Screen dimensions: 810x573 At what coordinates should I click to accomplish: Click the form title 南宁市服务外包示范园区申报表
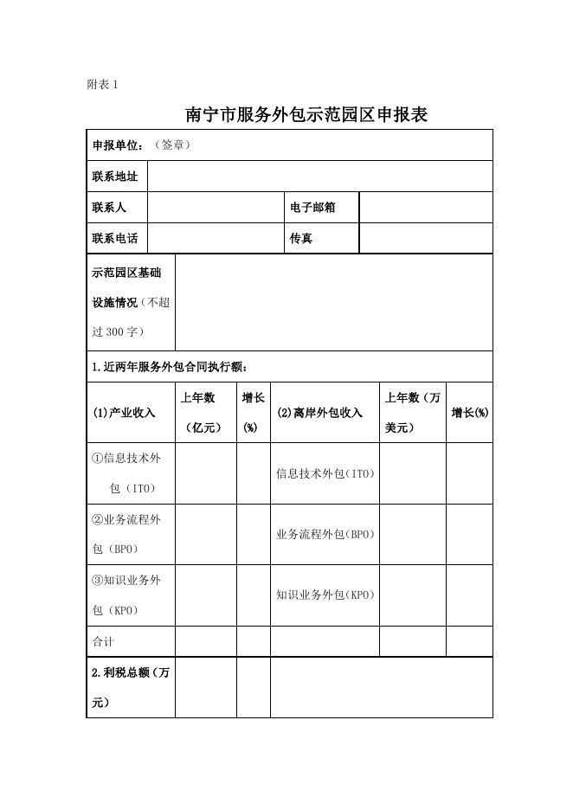point(307,114)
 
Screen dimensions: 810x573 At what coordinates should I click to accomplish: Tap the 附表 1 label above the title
point(102,84)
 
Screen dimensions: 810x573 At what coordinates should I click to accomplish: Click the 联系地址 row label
point(115,177)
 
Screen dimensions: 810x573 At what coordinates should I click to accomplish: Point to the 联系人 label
point(109,208)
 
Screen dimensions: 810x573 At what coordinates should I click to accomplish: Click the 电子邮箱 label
point(312,208)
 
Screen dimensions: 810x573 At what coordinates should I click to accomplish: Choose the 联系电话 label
point(115,238)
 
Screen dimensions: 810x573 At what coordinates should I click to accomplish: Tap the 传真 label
point(301,238)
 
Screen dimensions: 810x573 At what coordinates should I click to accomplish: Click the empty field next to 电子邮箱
point(425,208)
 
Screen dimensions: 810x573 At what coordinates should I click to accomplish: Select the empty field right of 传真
point(425,238)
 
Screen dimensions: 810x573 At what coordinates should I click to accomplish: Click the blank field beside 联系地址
point(319,177)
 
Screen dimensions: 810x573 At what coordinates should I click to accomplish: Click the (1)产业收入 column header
point(124,413)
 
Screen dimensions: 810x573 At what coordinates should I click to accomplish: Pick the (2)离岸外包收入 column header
point(319,413)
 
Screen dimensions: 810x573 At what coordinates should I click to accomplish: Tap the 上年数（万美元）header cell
point(413,413)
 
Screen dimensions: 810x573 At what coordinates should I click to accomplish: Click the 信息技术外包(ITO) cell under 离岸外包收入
point(325,473)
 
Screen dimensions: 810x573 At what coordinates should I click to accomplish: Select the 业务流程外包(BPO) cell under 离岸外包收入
point(325,534)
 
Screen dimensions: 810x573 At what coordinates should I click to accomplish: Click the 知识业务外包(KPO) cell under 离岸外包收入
point(325,595)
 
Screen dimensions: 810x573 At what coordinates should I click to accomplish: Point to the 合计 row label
point(103,642)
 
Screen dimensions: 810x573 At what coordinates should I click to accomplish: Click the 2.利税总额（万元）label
point(130,687)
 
